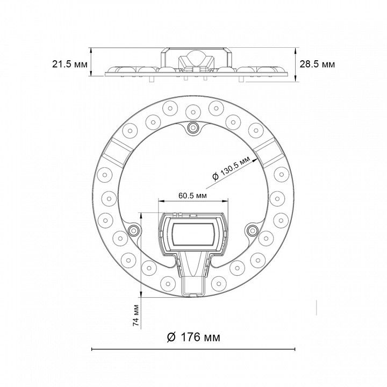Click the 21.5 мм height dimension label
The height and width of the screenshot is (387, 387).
pyautogui.click(x=69, y=64)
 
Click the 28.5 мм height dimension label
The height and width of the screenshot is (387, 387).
pyautogui.click(x=318, y=64)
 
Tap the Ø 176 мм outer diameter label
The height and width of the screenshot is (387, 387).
pyautogui.click(x=193, y=337)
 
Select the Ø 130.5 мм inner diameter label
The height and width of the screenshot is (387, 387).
pyautogui.click(x=231, y=168)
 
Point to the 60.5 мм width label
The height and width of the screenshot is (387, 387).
pyautogui.click(x=193, y=196)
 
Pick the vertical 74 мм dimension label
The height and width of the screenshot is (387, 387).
pyautogui.click(x=136, y=315)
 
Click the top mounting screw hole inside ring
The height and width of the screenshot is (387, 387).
pyautogui.click(x=193, y=127)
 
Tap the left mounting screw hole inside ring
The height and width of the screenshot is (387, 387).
pyautogui.click(x=134, y=231)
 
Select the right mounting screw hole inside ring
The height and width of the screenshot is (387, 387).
pyautogui.click(x=252, y=230)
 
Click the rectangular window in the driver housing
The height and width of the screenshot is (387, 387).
pyautogui.click(x=193, y=234)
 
